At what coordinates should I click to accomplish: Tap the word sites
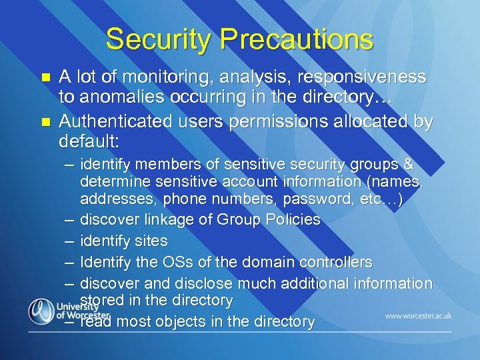[x=152, y=241]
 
